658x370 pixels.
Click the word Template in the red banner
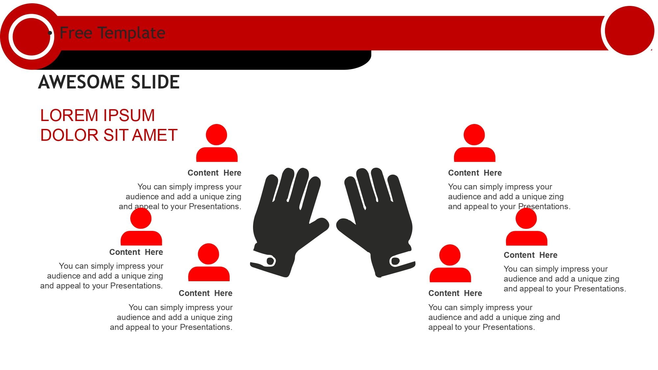pyautogui.click(x=131, y=33)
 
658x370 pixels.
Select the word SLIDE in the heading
pyautogui.click(x=155, y=82)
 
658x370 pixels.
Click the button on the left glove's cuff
pyautogui.click(x=270, y=261)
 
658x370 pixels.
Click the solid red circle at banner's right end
pyautogui.click(x=629, y=31)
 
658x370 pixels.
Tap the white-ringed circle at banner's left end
pyautogui.click(x=31, y=36)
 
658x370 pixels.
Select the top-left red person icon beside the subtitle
pyautogui.click(x=217, y=143)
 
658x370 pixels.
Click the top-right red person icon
pyautogui.click(x=474, y=143)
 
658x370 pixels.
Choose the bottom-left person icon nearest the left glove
pyautogui.click(x=209, y=262)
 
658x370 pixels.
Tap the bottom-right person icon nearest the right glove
pyautogui.click(x=450, y=263)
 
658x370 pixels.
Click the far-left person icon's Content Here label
pyautogui.click(x=136, y=252)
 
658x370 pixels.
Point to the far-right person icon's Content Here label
pyautogui.click(x=530, y=255)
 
